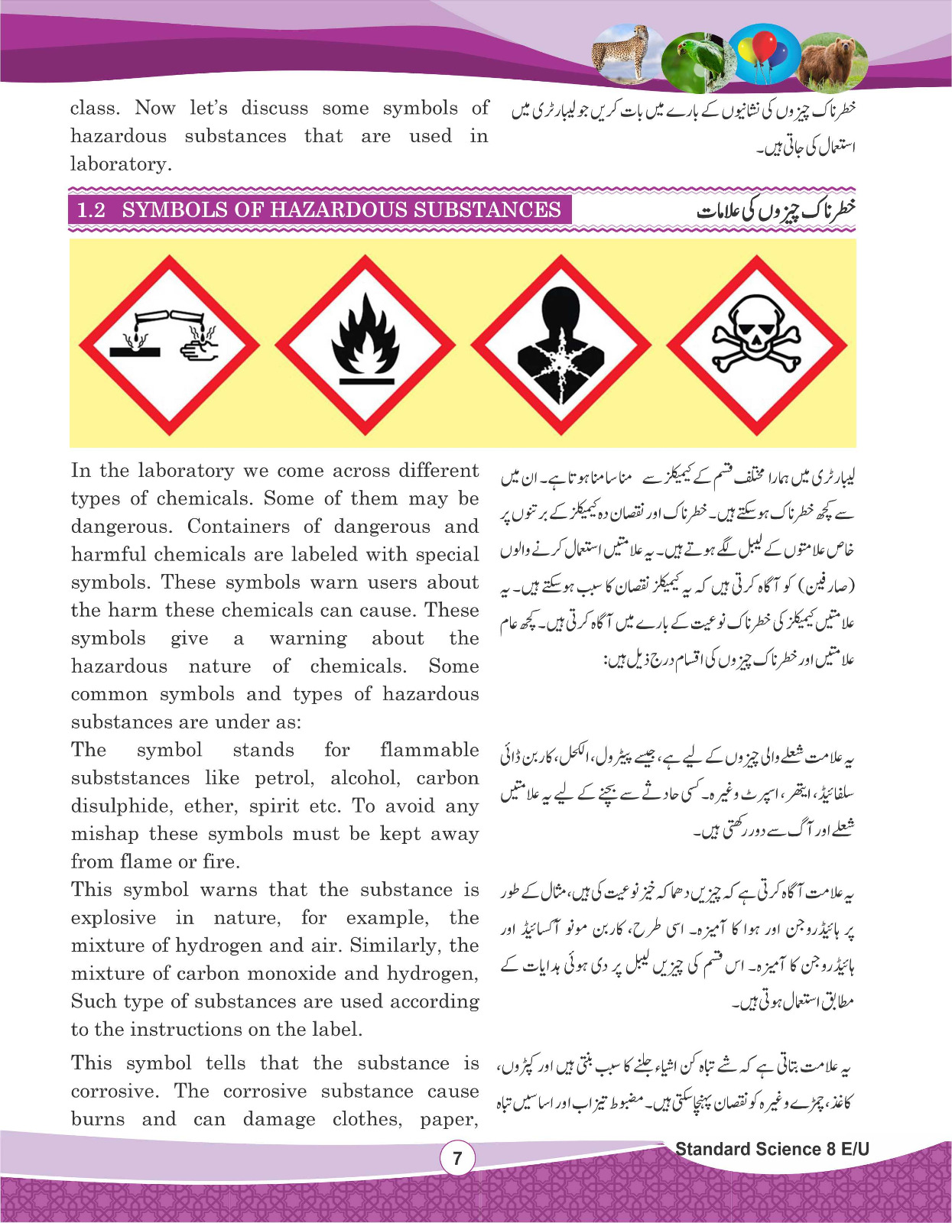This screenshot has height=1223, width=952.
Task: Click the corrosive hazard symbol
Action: (x=169, y=343)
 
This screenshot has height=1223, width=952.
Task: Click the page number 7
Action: (x=457, y=1159)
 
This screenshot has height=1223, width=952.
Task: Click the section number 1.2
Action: (x=92, y=210)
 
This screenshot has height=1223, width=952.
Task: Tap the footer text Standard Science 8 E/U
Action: (x=772, y=1149)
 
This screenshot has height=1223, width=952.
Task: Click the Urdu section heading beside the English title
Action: (x=775, y=210)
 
